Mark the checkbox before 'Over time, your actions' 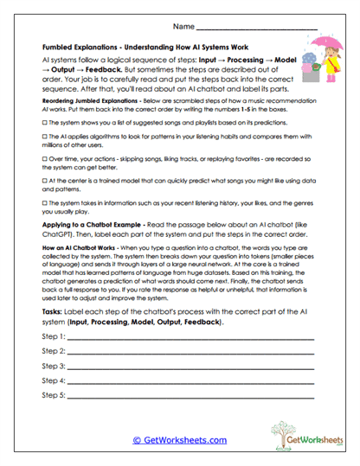point(45,160)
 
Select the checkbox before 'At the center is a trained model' point(45,181)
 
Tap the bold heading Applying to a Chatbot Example point(95,223)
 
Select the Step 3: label point(54,366)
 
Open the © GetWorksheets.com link point(178,439)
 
